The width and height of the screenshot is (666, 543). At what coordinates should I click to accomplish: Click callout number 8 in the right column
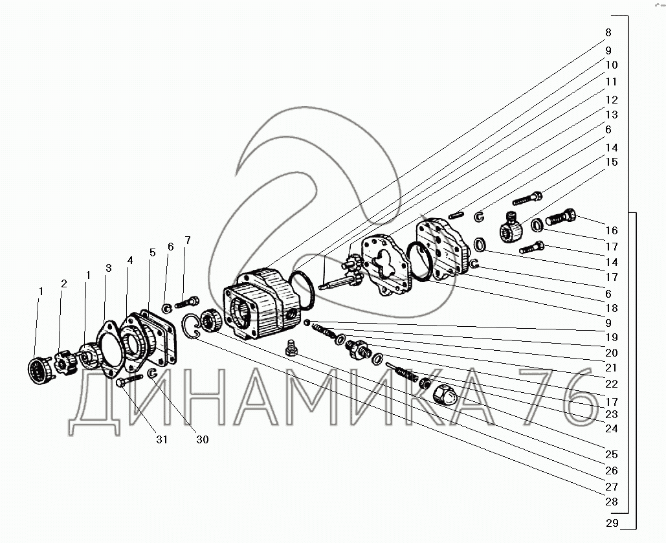pos(608,32)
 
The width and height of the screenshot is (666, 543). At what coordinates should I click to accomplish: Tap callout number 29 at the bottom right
pos(612,523)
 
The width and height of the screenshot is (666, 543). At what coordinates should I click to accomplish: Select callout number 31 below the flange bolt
pos(161,440)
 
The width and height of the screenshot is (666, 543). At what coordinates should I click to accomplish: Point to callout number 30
pos(203,439)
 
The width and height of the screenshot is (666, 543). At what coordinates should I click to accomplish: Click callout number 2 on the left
pos(63,283)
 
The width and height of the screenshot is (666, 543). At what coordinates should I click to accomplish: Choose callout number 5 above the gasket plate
pos(151,252)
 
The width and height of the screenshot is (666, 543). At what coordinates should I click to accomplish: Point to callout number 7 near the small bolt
pos(188,241)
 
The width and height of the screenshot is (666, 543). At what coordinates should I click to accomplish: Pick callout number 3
pos(108,267)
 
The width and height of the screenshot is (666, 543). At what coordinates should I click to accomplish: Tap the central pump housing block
pos(259,304)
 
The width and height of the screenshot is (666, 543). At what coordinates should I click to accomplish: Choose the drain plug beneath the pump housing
pos(291,349)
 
